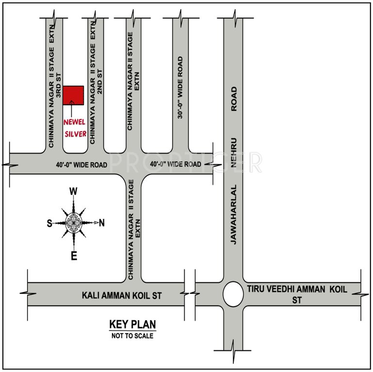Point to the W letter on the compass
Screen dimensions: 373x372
(74, 191)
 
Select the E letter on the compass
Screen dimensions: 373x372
(74, 257)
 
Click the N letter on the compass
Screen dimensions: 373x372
(101, 223)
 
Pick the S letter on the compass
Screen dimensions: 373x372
(49, 223)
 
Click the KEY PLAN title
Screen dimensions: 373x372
(132, 325)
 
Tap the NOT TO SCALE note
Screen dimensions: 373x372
(132, 336)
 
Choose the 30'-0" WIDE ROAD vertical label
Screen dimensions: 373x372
(180, 88)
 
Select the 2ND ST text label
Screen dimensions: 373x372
(100, 81)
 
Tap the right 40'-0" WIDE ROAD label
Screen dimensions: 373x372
(176, 164)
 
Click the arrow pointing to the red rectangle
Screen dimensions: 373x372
(72, 108)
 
